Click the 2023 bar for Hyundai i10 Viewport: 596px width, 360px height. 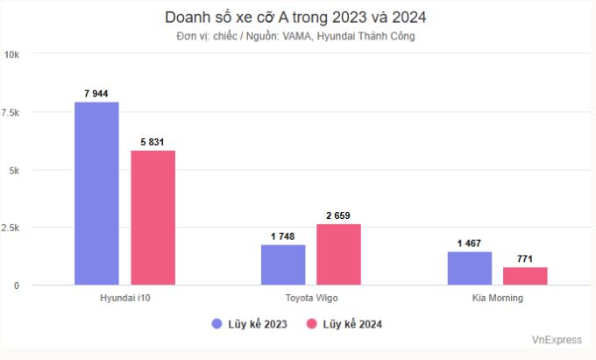[96, 194]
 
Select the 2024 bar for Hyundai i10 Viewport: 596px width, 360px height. [153, 217]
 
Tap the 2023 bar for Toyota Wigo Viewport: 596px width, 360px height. [283, 265]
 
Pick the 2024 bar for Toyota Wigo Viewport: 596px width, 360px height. [338, 254]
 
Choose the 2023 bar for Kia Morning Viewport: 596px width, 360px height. [470, 268]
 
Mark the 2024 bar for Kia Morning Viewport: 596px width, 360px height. [525, 276]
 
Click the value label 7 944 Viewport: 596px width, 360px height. [96, 92]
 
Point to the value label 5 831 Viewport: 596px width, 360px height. [153, 141]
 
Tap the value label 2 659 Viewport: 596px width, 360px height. [338, 215]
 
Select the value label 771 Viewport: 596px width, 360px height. [525, 258]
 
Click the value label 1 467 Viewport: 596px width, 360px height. [470, 243]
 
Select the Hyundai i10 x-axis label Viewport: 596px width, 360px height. [124, 298]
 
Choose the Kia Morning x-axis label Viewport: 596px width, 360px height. [497, 298]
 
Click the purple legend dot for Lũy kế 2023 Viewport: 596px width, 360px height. [217, 323]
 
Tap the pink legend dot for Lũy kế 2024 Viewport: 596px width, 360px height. [310, 323]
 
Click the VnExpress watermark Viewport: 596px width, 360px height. [556, 338]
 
